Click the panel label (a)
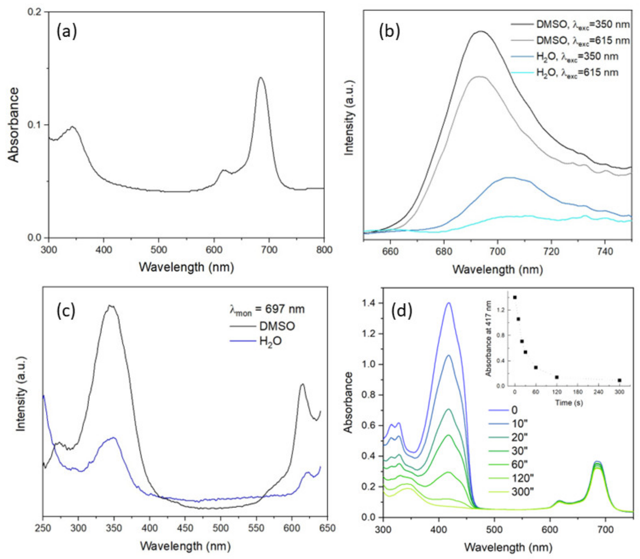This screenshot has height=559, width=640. point(66,32)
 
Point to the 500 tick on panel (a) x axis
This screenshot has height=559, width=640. point(158,250)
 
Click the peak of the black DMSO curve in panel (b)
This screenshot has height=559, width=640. point(481,31)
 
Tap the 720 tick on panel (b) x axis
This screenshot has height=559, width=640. point(551,251)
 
